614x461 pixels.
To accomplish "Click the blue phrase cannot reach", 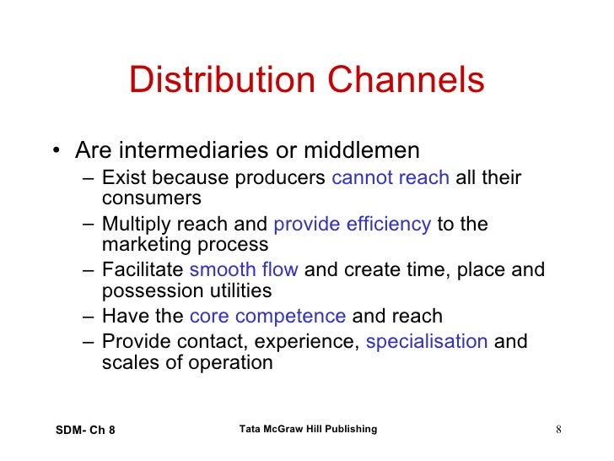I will click(x=390, y=178).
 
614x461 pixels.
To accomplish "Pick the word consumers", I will click(x=151, y=198).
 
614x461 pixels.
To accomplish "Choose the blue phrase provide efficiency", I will click(x=353, y=225).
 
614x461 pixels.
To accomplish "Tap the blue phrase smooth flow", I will click(x=243, y=270).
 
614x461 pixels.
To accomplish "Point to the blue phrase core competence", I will click(x=267, y=317).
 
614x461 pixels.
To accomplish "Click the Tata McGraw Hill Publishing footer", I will click(x=308, y=430).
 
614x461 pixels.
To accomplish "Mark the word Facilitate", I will click(x=142, y=270).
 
